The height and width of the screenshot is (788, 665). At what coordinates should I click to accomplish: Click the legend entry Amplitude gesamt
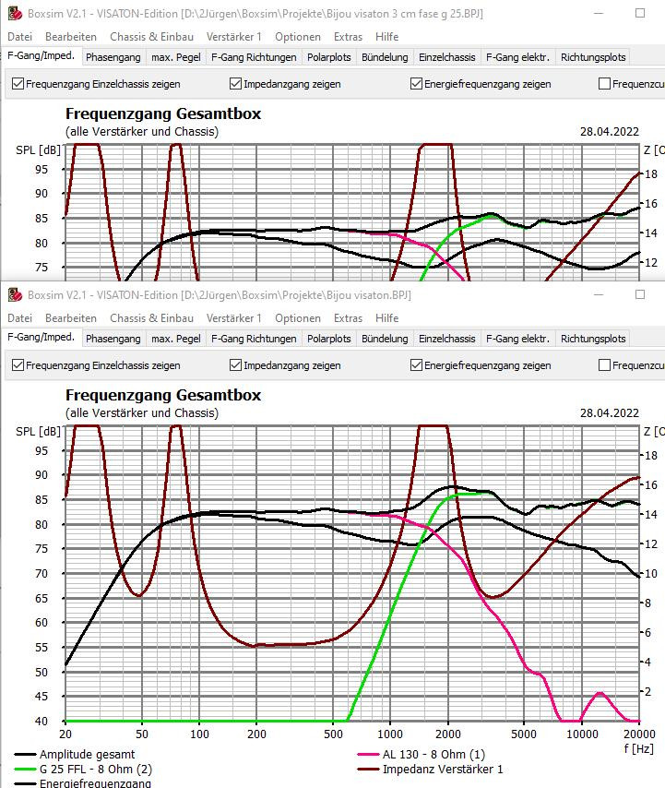pyautogui.click(x=87, y=755)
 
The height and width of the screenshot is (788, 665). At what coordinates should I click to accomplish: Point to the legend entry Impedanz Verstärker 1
pyautogui.click(x=444, y=769)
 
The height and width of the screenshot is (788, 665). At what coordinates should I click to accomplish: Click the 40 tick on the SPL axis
pyautogui.click(x=42, y=722)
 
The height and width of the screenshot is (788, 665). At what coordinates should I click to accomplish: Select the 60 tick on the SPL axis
pyautogui.click(x=42, y=623)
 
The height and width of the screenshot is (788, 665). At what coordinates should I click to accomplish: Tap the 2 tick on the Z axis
pyautogui.click(x=649, y=692)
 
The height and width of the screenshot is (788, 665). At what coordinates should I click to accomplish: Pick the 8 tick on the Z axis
pyautogui.click(x=649, y=603)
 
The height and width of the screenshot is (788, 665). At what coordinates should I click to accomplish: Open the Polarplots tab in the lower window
pyautogui.click(x=329, y=339)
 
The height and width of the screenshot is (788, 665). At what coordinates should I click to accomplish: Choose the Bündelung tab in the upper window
pyautogui.click(x=385, y=57)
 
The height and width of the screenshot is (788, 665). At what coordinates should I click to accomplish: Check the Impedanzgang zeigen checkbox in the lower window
pyautogui.click(x=236, y=365)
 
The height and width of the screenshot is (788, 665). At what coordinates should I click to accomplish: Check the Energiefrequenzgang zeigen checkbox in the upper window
pyautogui.click(x=417, y=84)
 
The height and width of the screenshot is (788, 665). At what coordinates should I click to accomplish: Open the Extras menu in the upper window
pyautogui.click(x=348, y=37)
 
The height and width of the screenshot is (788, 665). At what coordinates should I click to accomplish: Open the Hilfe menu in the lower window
pyautogui.click(x=387, y=318)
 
